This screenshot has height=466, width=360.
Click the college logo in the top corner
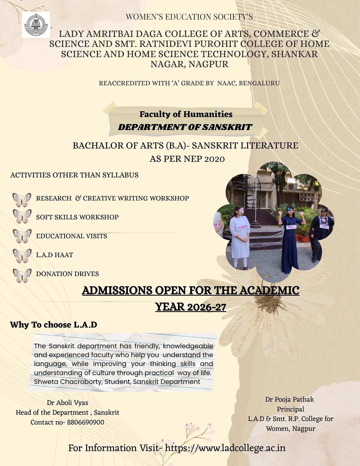point(36,24)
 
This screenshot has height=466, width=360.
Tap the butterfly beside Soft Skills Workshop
point(22,216)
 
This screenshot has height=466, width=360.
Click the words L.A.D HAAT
point(54,255)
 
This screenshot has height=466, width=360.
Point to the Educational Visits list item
point(71,236)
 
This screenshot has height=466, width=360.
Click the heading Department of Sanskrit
point(185,127)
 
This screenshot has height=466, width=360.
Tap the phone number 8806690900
point(86,422)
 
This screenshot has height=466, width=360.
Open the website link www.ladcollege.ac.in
point(225,448)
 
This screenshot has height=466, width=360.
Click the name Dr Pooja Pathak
point(289,399)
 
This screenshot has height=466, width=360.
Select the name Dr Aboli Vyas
point(68,403)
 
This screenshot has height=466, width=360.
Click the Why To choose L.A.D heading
point(54,325)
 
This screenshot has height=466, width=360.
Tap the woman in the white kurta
point(240,236)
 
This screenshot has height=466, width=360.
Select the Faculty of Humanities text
point(186,114)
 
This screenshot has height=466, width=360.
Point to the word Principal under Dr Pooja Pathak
point(290,409)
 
